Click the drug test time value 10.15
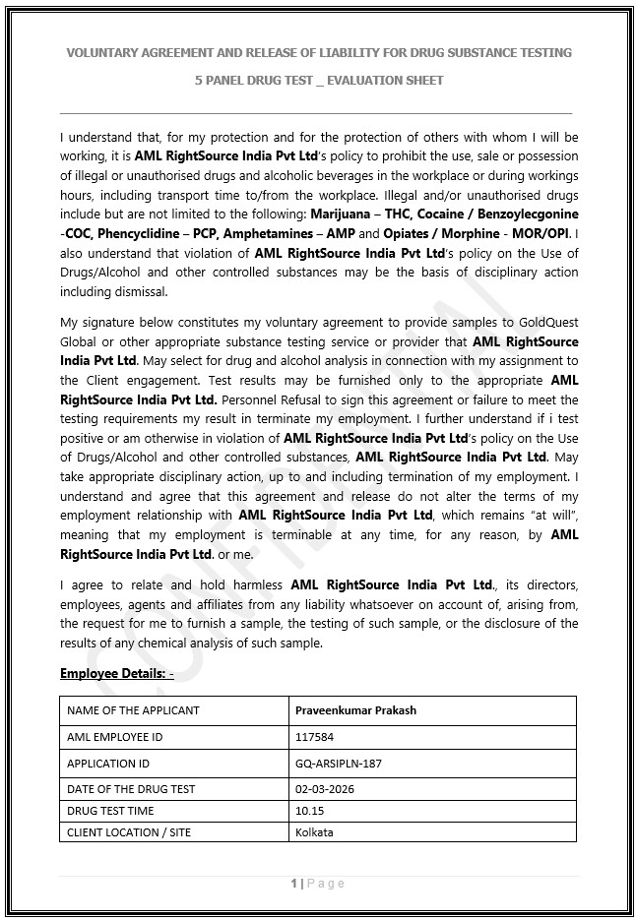(x=309, y=811)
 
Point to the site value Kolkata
(x=314, y=832)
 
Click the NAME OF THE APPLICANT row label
(x=133, y=710)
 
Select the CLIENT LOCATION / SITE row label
(x=129, y=832)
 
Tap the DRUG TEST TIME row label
(x=110, y=811)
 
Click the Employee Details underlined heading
(x=116, y=674)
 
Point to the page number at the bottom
(x=318, y=884)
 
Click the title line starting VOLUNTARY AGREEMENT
(x=318, y=52)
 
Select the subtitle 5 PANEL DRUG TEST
(x=318, y=80)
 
